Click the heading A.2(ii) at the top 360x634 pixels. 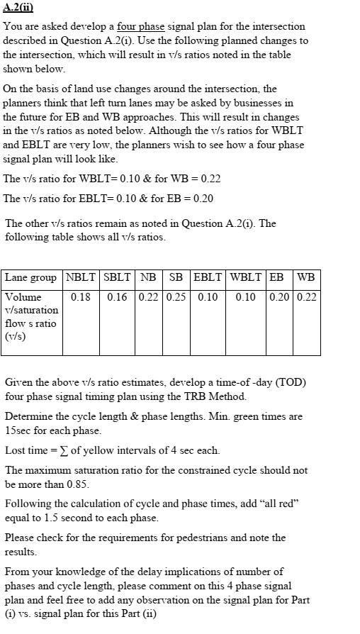pos(18,8)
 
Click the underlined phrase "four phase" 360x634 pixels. pos(140,26)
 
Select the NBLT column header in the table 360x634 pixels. pos(81,277)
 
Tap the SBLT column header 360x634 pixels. pos(117,277)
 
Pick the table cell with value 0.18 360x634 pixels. pos(81,297)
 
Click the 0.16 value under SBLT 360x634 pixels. pos(117,297)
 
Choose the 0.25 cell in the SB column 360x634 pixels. pos(176,297)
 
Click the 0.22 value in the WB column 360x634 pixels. pos(307,297)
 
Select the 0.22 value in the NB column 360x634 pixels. pos(149,297)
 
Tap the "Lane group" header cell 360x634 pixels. pos(33,277)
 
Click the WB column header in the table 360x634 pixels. pos(307,277)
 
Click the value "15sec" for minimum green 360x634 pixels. pos(18,430)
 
